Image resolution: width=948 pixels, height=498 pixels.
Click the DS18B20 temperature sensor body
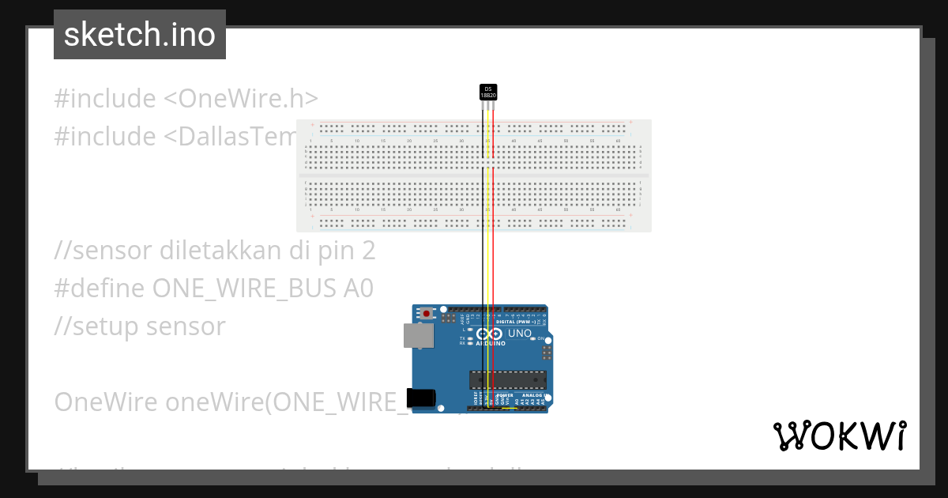point(488,92)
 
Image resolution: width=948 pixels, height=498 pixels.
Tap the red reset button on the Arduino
point(427,314)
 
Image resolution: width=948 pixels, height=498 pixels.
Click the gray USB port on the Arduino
point(417,335)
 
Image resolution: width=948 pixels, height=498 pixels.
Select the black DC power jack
point(419,397)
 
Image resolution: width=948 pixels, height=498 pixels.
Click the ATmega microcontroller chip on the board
point(507,380)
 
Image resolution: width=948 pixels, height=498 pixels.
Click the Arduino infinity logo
point(490,334)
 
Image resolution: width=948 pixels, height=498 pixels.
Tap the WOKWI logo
point(839,436)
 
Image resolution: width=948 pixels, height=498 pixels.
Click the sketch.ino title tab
point(140,35)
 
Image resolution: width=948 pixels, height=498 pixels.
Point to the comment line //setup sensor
point(140,326)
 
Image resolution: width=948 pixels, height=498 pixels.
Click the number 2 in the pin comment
point(367,251)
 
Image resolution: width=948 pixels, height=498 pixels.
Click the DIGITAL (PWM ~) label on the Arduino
point(515,322)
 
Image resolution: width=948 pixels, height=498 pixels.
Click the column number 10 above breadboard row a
point(357,141)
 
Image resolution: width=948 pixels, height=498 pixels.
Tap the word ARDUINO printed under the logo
point(491,344)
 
